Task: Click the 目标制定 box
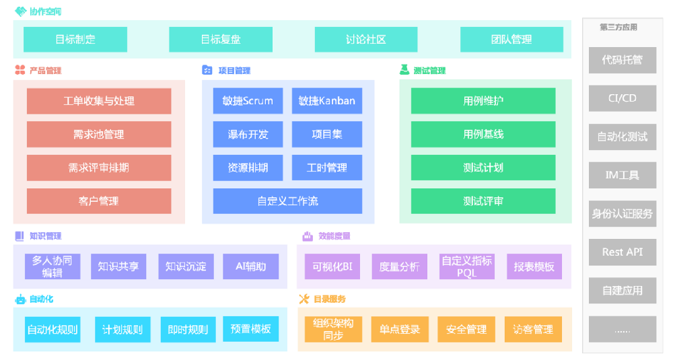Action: (x=75, y=40)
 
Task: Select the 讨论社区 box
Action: (x=366, y=40)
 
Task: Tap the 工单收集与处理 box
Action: (x=99, y=101)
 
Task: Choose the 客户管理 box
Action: (x=99, y=201)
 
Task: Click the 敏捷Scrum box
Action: (x=248, y=101)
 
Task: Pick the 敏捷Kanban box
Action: (x=326, y=101)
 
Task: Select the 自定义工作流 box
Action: (x=287, y=201)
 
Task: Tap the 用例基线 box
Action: (x=483, y=135)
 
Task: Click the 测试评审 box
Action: (x=483, y=201)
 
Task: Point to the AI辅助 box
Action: (x=250, y=266)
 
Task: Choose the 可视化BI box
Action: (x=328, y=266)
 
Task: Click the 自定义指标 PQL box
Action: (x=466, y=266)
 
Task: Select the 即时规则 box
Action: (x=188, y=330)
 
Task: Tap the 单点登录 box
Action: (x=399, y=330)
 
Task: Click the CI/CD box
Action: (x=622, y=98)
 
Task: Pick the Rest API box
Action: (x=622, y=252)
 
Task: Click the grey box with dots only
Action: (x=622, y=330)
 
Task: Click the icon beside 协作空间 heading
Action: (x=20, y=11)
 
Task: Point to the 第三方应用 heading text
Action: (x=618, y=28)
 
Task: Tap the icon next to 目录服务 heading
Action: (x=304, y=299)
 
